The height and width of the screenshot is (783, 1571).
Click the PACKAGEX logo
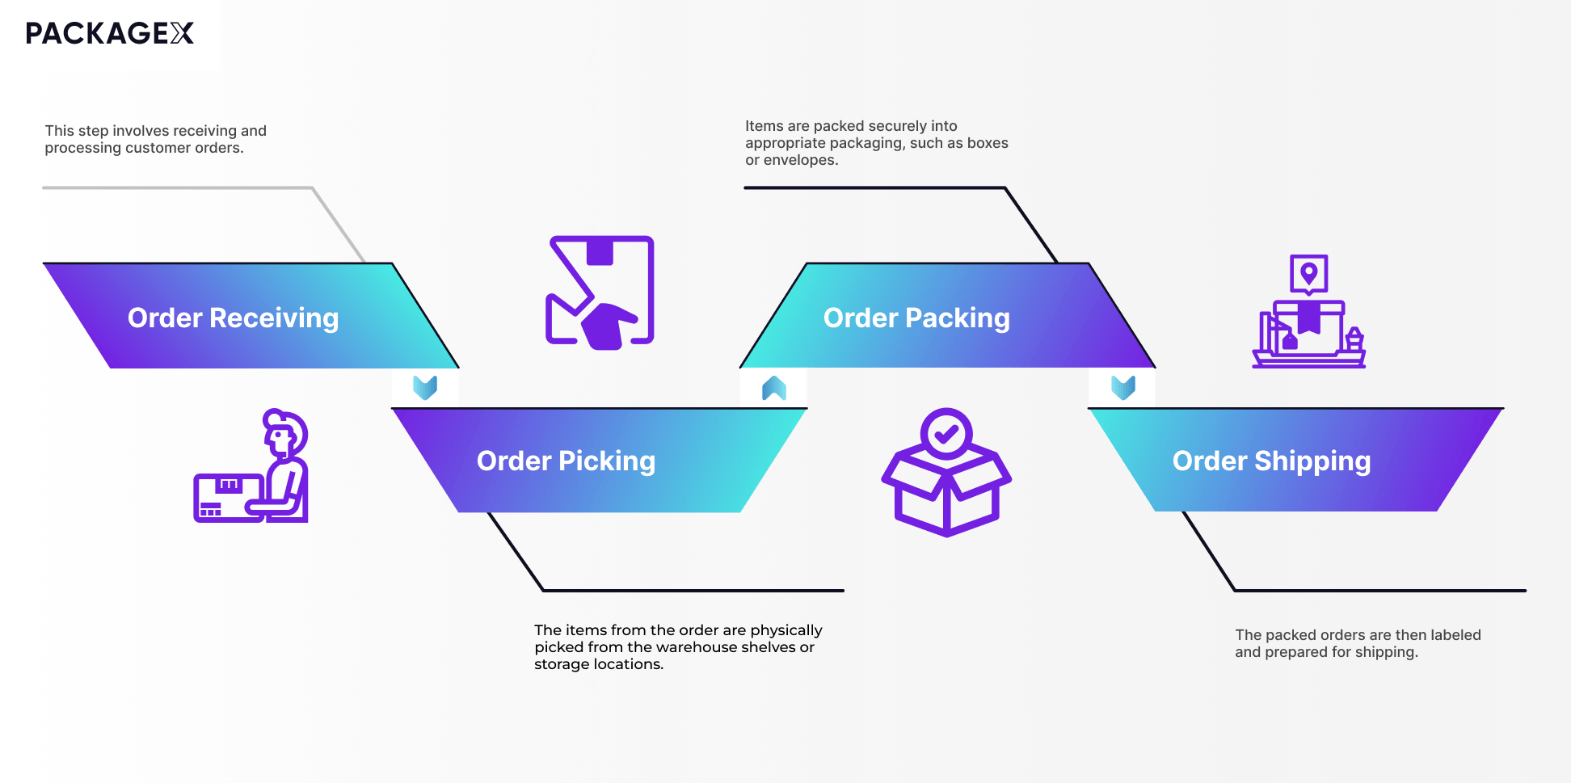[x=110, y=33]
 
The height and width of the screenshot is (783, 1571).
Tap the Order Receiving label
[x=233, y=318]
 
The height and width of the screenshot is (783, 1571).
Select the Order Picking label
[x=566, y=461]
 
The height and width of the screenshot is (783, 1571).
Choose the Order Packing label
[x=916, y=318]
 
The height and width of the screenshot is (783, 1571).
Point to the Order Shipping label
[x=1271, y=461]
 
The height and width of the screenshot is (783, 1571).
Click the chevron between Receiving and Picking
[x=425, y=388]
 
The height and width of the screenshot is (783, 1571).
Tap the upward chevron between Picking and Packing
[x=774, y=388]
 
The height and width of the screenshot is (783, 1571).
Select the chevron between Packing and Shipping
[x=1123, y=388]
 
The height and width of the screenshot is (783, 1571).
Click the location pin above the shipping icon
[x=1309, y=273]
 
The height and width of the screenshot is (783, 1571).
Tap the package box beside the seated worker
[x=228, y=496]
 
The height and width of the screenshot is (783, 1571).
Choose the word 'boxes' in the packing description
[x=988, y=143]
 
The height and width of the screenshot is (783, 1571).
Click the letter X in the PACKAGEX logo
[x=182, y=33]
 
